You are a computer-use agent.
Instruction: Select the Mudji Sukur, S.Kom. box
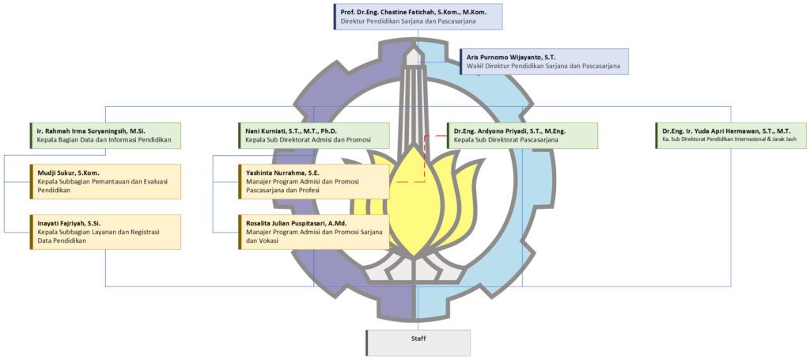click(104, 181)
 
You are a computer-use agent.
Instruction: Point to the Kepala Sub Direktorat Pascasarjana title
click(506, 140)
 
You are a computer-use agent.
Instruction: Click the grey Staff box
click(418, 342)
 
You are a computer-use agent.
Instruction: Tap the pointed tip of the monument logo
click(412, 49)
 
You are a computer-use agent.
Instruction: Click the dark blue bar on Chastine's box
click(335, 17)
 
